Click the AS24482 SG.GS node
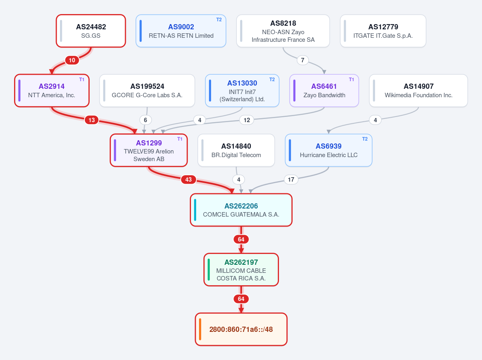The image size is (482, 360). point(91,31)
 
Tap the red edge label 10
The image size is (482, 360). point(72,60)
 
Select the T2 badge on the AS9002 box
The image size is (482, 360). point(219,20)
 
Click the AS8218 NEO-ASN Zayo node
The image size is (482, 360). point(283,31)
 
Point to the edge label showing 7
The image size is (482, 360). point(303,60)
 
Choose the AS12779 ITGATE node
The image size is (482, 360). point(383,31)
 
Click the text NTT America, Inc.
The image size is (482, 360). point(51,95)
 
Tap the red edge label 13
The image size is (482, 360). point(92,120)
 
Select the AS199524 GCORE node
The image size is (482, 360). point(147,91)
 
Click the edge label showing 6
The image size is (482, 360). point(146,120)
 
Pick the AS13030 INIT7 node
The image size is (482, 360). point(242,91)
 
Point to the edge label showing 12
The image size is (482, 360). point(247,120)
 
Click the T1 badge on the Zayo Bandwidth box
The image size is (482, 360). point(351,80)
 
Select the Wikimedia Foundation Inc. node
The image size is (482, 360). point(418,91)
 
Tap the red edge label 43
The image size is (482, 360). point(189,180)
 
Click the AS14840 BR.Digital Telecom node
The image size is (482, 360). point(236,150)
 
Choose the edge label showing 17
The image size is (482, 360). point(291,180)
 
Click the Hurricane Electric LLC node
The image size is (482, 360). point(328,150)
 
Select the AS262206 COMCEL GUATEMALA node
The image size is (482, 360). point(241,210)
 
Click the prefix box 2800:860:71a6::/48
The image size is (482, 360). point(241,329)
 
